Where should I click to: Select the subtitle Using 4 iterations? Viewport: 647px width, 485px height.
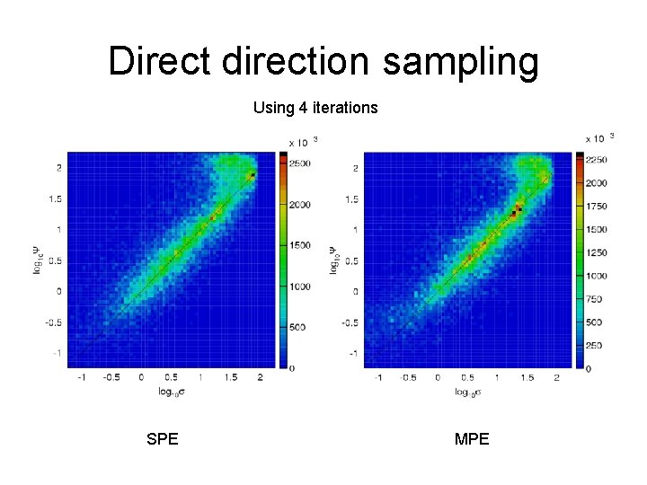pos(315,108)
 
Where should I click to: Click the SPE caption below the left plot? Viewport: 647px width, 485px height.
pos(163,439)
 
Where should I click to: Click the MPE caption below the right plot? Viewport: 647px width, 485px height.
pos(472,439)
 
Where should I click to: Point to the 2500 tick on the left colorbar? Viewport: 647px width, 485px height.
pos(300,164)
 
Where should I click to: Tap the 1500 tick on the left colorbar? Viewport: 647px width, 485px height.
pos(300,245)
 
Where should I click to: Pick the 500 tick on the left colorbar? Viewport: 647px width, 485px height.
pos(298,327)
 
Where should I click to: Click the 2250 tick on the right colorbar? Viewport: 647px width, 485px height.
pos(597,160)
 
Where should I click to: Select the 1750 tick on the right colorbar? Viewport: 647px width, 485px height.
pos(597,206)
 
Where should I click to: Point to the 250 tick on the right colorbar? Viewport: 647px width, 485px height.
pos(595,345)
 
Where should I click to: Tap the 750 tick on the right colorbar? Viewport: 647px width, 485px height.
pos(595,298)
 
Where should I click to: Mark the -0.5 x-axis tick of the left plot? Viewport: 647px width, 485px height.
pos(111,379)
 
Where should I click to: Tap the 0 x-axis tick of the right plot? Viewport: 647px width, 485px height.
pos(438,379)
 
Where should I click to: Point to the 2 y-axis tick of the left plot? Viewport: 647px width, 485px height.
pos(59,168)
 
